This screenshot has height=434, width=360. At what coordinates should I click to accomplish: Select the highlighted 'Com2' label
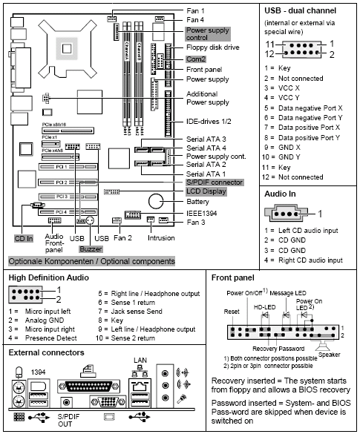click(x=196, y=59)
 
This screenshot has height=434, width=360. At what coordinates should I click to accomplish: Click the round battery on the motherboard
click(x=157, y=201)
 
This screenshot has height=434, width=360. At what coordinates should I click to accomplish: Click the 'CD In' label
click(x=24, y=239)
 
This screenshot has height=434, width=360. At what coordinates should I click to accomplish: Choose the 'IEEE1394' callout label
click(x=203, y=211)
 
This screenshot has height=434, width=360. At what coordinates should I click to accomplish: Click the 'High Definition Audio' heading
click(x=50, y=277)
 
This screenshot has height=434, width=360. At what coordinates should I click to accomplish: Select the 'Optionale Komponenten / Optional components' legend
click(x=91, y=261)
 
